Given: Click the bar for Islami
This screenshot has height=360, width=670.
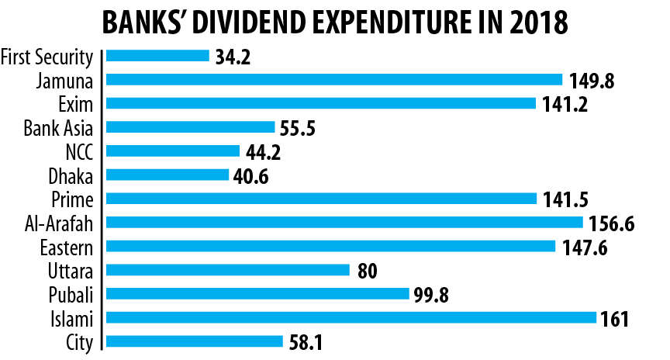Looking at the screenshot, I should tap(351, 317).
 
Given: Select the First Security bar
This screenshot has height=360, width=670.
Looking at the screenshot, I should tap(157, 56).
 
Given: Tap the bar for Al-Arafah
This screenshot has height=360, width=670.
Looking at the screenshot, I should tap(344, 222).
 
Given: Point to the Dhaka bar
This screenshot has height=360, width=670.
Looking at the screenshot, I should tap(167, 175).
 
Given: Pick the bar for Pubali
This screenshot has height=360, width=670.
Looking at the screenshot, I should tap(257, 293).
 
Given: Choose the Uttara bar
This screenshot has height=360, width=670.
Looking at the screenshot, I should tap(227, 270).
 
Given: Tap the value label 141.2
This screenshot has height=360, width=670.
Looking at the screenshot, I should tap(561, 105).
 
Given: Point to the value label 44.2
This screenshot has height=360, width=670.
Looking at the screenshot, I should tap(263, 152).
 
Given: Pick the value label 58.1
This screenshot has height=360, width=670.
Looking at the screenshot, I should tap(305, 342).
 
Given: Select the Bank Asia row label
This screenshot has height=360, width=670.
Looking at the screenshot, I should tap(58, 127).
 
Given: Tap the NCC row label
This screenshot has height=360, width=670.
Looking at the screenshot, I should tap(81, 151).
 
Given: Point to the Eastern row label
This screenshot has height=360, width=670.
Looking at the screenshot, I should tap(67, 246).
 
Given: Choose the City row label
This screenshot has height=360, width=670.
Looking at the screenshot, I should tap(80, 341).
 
